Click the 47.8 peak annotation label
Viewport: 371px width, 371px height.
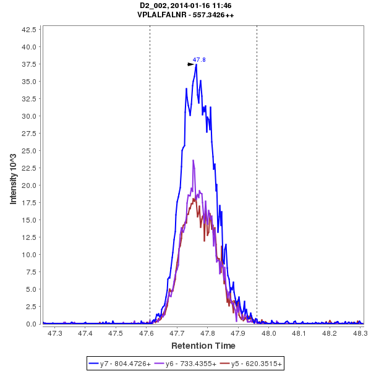click(x=199, y=60)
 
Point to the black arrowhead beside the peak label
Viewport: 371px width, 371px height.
click(x=191, y=64)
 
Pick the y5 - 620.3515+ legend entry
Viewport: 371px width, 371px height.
click(x=253, y=364)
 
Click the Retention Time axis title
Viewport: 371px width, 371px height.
click(x=203, y=346)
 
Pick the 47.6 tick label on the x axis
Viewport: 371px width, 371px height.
click(x=147, y=333)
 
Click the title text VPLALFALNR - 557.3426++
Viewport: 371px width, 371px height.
click(x=185, y=14)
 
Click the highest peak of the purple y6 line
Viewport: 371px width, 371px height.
click(x=194, y=161)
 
